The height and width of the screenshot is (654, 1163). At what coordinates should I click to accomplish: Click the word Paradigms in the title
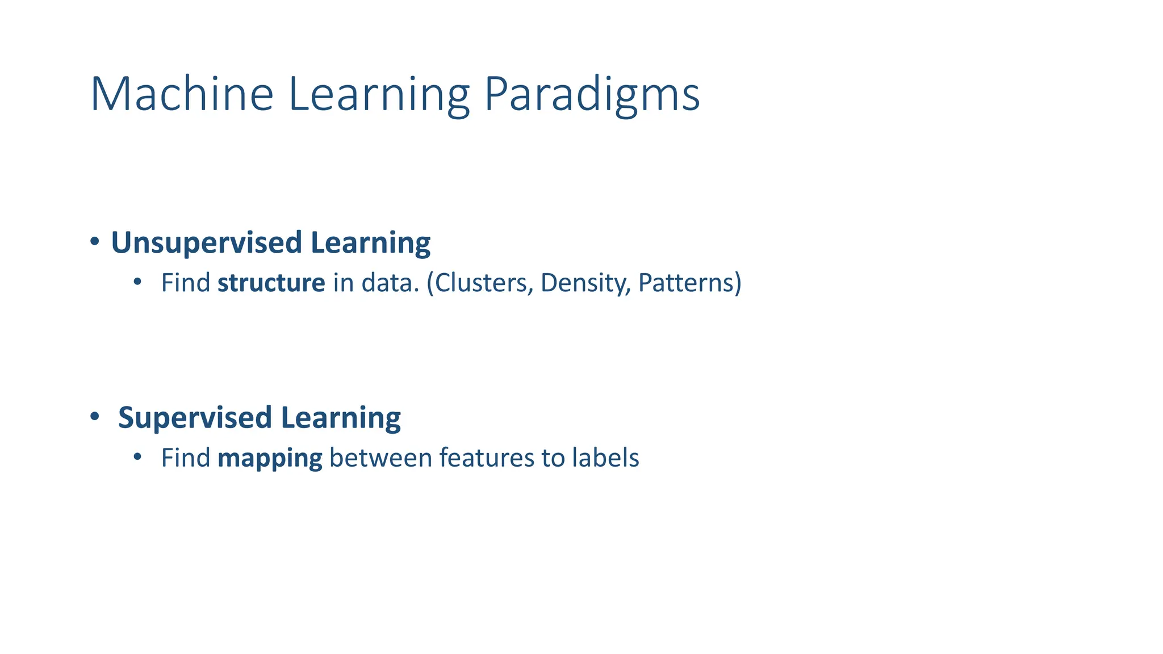point(592,95)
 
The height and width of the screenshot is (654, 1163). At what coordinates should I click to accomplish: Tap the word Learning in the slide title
point(379,95)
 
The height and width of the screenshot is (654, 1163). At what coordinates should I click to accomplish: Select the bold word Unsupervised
point(206,243)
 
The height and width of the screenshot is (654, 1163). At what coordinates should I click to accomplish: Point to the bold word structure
point(271,283)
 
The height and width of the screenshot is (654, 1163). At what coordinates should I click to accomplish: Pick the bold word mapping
point(270,458)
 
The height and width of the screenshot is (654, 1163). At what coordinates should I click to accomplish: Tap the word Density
point(585,283)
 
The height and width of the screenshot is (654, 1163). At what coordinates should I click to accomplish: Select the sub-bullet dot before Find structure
point(137,282)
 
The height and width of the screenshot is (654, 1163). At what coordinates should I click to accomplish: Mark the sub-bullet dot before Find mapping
point(137,456)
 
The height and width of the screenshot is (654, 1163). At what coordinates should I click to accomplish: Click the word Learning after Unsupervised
point(370,243)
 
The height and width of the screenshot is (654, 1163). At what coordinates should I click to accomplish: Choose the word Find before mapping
point(185,458)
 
